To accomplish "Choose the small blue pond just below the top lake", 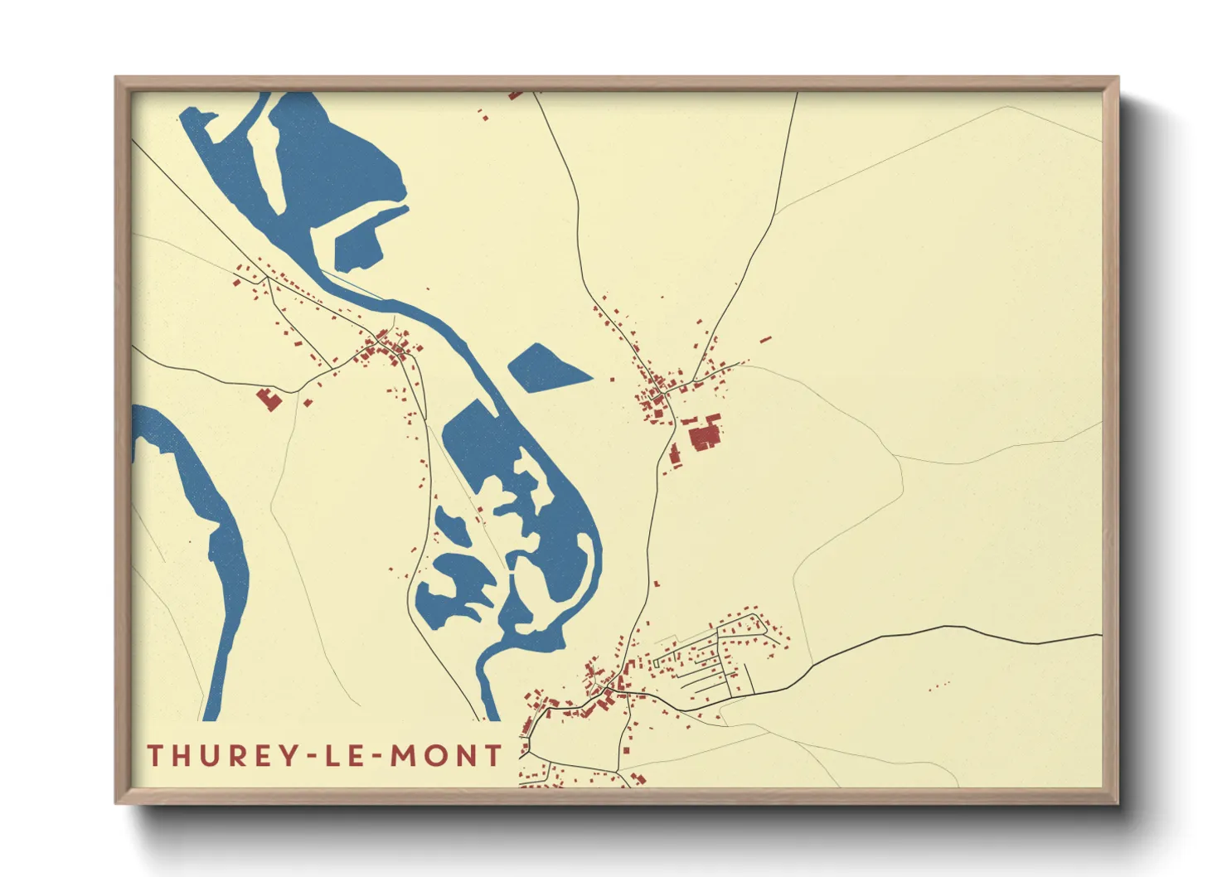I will (x=358, y=242).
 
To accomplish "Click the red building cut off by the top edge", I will (x=516, y=94).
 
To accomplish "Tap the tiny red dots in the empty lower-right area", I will (x=938, y=686).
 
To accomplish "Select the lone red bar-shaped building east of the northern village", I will (x=765, y=339).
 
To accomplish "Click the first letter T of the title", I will (x=154, y=755).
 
